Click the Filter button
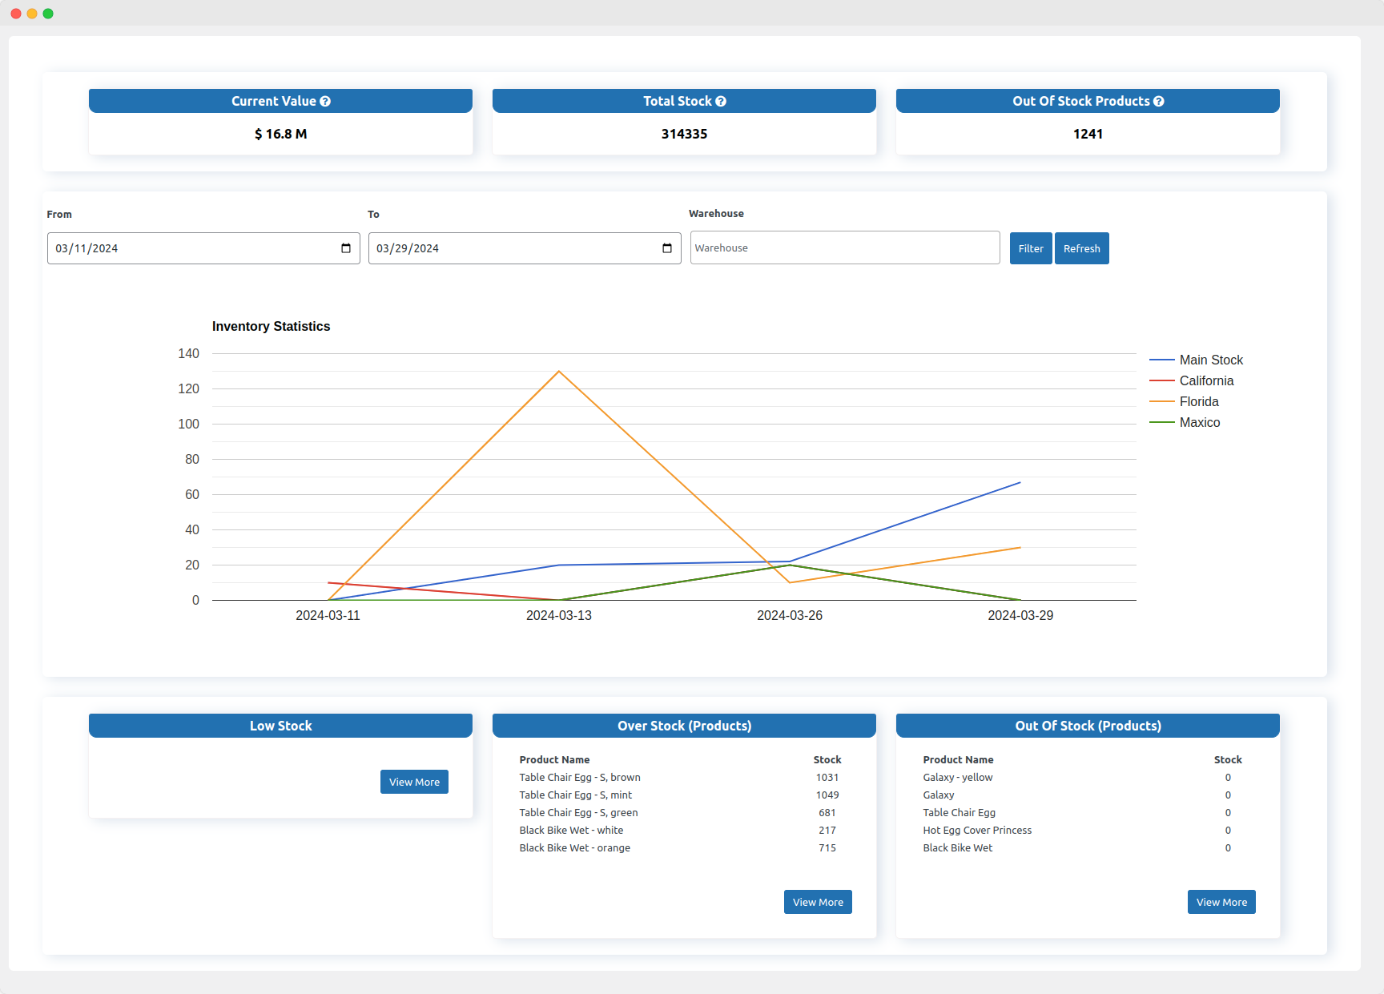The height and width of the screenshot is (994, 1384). tap(1030, 248)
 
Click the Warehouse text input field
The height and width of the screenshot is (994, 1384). tap(844, 247)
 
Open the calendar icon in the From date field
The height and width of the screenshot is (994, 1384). tap(346, 248)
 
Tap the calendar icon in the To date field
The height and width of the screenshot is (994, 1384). tap(667, 248)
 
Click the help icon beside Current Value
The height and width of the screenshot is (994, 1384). tap(325, 102)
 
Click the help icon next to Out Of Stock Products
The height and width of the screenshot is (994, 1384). tap(1159, 102)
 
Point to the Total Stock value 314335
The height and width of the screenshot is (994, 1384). tap(684, 134)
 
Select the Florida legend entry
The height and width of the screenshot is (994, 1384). tap(1198, 401)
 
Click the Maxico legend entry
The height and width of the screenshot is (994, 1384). tap(1199, 422)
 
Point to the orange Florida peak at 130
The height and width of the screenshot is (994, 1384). tap(559, 372)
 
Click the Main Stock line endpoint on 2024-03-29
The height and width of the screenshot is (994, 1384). tap(1020, 483)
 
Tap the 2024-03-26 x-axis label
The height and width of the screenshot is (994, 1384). tap(789, 615)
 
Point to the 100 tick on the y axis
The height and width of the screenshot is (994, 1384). tap(189, 424)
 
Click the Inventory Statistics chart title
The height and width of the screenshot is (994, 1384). tap(271, 326)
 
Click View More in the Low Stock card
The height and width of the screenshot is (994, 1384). tap(414, 782)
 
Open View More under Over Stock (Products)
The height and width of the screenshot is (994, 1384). tap(818, 902)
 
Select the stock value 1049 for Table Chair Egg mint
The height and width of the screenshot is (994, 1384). tap(827, 795)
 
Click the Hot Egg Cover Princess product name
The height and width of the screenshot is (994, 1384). tap(977, 830)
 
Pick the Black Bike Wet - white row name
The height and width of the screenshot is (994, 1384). tap(571, 830)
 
